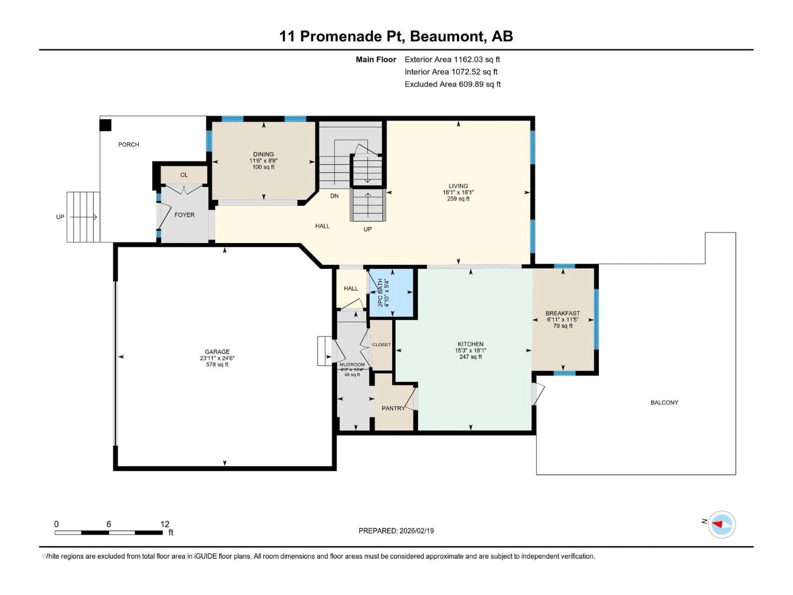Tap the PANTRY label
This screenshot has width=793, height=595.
point(393,408)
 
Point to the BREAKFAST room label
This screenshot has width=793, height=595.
point(563,313)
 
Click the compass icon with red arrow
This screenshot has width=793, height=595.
point(722,524)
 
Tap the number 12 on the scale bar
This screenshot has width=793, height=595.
point(165,524)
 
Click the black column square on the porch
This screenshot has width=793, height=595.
point(105,125)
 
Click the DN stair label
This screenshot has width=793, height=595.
point(334,196)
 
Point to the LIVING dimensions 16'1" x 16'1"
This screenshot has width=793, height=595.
point(458,192)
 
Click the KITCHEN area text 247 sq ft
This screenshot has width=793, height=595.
point(470,357)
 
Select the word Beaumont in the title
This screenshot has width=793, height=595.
point(448,36)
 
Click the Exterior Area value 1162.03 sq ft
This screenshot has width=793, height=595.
point(477,59)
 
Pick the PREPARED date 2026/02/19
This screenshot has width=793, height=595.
point(416,531)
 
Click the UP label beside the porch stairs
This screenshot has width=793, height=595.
point(60,217)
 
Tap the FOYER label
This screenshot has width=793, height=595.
point(184,215)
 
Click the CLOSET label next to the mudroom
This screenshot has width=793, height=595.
point(381,345)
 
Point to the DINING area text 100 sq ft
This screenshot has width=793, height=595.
point(264,167)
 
